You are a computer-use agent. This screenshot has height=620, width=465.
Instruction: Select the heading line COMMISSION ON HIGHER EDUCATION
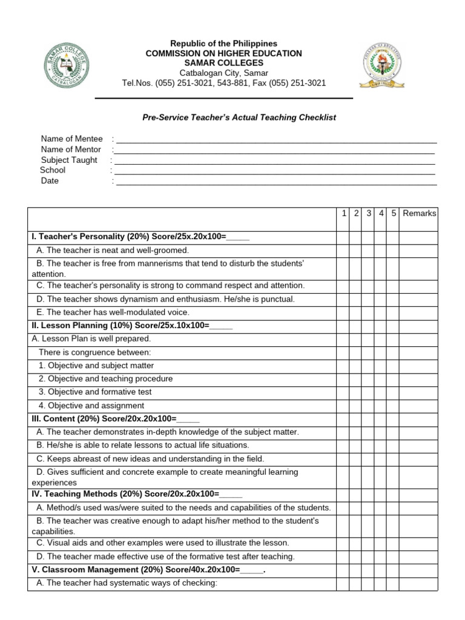point(223,53)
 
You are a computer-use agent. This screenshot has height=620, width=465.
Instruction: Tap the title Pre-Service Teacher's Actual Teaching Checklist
point(239,117)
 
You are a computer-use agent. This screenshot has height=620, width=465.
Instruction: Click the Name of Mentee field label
point(72,139)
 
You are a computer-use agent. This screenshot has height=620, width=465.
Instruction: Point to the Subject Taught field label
point(69,160)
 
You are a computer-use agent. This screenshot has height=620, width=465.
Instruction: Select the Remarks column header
point(419,213)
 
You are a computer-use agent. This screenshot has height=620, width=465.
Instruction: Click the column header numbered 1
point(344,213)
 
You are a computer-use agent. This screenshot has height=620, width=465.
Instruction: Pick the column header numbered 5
point(393,213)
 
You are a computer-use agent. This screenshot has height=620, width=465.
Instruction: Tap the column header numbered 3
point(369,213)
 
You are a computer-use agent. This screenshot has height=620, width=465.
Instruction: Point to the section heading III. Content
point(115,419)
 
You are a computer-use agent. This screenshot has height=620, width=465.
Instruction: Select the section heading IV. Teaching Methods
point(137,494)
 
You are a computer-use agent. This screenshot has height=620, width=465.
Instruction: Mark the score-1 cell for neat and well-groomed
point(343,250)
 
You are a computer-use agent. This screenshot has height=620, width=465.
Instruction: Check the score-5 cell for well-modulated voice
point(393,312)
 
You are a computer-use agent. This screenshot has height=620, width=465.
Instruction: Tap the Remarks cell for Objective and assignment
point(418,406)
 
